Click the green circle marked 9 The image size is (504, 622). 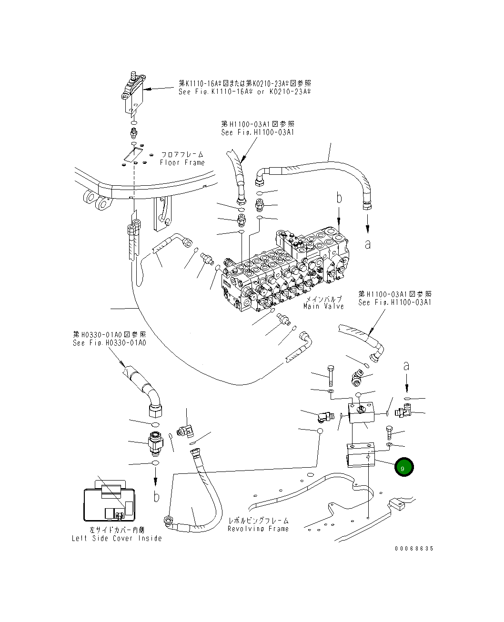(x=404, y=468)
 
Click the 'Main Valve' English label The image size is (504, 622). (x=323, y=306)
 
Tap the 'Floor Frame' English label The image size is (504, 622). (x=182, y=162)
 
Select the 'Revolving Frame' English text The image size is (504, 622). (x=258, y=529)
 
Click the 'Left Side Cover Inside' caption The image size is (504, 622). (x=117, y=538)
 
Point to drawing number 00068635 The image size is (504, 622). (x=414, y=549)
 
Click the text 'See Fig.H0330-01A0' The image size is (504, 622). (x=109, y=343)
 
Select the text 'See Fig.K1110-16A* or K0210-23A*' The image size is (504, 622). (x=244, y=91)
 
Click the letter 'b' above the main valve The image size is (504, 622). (x=339, y=199)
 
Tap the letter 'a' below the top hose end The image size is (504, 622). (x=367, y=244)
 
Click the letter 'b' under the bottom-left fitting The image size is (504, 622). (x=156, y=496)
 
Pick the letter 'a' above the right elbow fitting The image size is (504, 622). (x=406, y=366)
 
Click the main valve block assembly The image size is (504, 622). (x=286, y=271)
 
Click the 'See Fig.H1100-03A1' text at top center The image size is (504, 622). (x=257, y=132)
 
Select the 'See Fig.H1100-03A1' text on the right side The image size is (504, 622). (x=394, y=302)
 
